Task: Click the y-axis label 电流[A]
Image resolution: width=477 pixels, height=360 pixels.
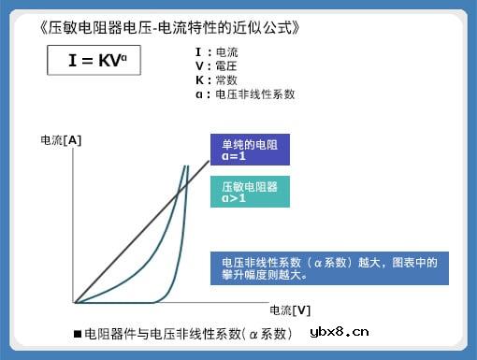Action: click(61, 140)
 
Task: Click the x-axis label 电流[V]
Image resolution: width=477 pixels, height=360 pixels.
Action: click(290, 310)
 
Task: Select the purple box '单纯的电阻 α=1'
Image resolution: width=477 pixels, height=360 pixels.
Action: click(249, 150)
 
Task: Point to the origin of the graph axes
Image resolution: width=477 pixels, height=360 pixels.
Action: click(76, 302)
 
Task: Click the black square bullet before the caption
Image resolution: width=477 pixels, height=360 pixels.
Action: click(78, 334)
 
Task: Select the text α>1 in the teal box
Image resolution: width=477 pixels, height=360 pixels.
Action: click(234, 198)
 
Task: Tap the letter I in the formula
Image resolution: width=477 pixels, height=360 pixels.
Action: click(72, 62)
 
